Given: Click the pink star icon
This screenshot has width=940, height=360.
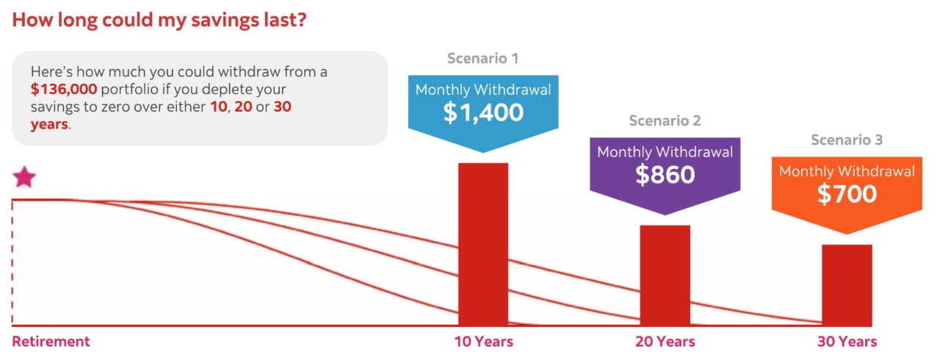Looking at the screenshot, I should click(24, 178).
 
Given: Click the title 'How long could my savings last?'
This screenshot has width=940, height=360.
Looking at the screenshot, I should click(159, 20).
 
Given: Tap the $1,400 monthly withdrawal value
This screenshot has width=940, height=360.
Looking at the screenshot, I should click(483, 112).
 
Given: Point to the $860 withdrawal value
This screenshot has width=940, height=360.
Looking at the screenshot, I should click(665, 174).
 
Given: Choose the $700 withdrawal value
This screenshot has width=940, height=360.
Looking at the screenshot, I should click(847, 193).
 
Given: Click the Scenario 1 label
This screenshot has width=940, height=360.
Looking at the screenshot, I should click(483, 59).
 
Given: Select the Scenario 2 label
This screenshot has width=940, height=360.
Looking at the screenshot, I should click(665, 120).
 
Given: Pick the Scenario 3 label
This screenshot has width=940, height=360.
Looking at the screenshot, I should click(847, 140).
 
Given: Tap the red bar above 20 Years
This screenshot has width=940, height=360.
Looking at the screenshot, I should click(665, 275).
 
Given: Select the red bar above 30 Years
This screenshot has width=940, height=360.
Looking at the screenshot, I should click(847, 284).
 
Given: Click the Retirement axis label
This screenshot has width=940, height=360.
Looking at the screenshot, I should click(51, 342).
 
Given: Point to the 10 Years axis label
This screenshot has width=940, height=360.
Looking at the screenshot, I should click(483, 342).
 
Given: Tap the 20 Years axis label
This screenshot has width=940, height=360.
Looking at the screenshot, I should click(665, 342).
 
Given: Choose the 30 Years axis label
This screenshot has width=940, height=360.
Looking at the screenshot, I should click(847, 342).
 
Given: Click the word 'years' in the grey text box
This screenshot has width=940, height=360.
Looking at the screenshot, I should click(49, 124).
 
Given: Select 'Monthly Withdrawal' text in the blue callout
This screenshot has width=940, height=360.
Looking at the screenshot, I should click(483, 90).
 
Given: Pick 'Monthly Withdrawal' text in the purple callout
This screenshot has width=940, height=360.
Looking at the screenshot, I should click(665, 152).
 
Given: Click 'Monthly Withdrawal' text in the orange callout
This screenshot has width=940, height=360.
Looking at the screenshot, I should click(847, 171).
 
